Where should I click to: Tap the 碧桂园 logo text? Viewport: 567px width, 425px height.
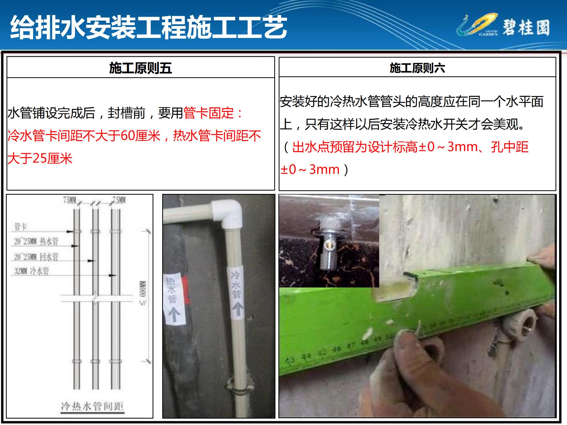[526, 28]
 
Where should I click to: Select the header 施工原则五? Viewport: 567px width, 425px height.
[140, 68]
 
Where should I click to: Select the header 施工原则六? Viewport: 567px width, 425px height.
[417, 68]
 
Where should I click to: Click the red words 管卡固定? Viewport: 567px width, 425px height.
[208, 113]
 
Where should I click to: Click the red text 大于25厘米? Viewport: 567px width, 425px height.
[40, 158]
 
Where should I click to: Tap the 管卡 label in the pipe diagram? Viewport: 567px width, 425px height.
[21, 227]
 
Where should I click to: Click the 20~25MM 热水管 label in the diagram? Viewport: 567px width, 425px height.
[36, 242]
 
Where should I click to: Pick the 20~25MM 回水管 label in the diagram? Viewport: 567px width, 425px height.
[36, 257]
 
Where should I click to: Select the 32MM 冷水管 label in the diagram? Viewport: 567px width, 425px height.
[32, 271]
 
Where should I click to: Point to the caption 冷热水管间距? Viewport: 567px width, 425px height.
[92, 406]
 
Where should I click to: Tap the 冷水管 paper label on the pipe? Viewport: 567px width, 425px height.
[236, 292]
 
